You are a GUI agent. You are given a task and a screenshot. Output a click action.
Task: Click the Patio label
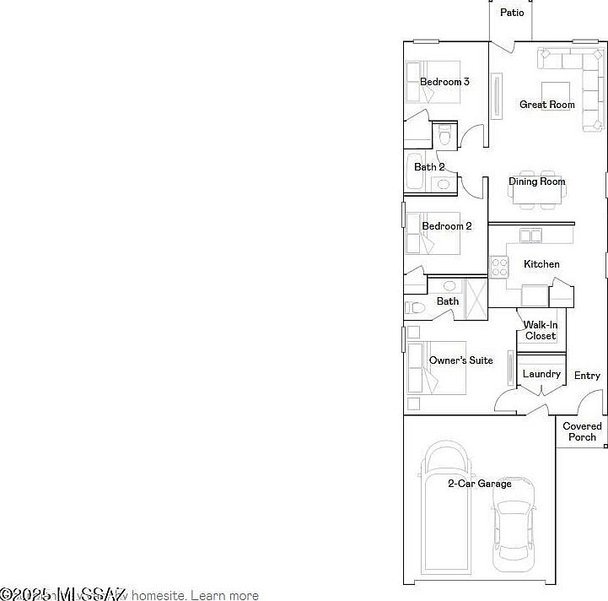coord(512,13)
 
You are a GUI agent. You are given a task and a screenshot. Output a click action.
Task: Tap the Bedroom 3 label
coord(444,82)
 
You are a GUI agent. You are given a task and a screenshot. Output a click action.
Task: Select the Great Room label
coord(547,105)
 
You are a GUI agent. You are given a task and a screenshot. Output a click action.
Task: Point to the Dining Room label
coord(536,181)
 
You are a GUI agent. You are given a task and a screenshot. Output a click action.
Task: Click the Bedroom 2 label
coord(446,226)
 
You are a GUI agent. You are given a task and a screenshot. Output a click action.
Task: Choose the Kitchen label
coord(541,264)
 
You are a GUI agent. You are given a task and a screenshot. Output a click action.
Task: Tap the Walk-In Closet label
coord(540,330)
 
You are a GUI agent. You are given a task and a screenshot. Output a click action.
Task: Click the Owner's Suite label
coord(460,360)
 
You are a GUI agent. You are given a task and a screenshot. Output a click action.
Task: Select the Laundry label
coord(541,374)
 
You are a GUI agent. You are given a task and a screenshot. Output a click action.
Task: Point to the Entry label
coord(587,376)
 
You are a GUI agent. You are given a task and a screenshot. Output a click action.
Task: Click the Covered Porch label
coord(582,431)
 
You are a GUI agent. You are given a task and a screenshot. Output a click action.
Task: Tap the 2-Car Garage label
coord(479,484)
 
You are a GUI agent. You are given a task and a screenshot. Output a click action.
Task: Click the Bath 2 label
coord(429,167)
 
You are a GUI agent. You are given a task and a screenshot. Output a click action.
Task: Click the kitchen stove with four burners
coord(500,268)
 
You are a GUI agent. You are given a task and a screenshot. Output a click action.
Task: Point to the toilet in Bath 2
coord(444,134)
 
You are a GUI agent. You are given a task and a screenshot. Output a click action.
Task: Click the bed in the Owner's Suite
coord(435,368)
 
